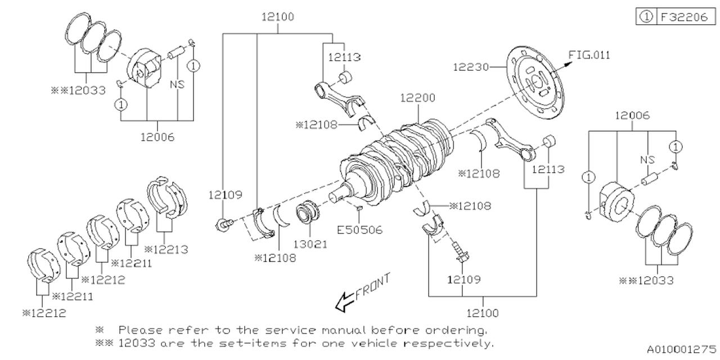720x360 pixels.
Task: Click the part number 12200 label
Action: pyautogui.click(x=417, y=97)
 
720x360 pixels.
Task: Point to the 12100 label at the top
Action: pyautogui.click(x=277, y=17)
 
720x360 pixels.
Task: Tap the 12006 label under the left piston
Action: pyautogui.click(x=157, y=137)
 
